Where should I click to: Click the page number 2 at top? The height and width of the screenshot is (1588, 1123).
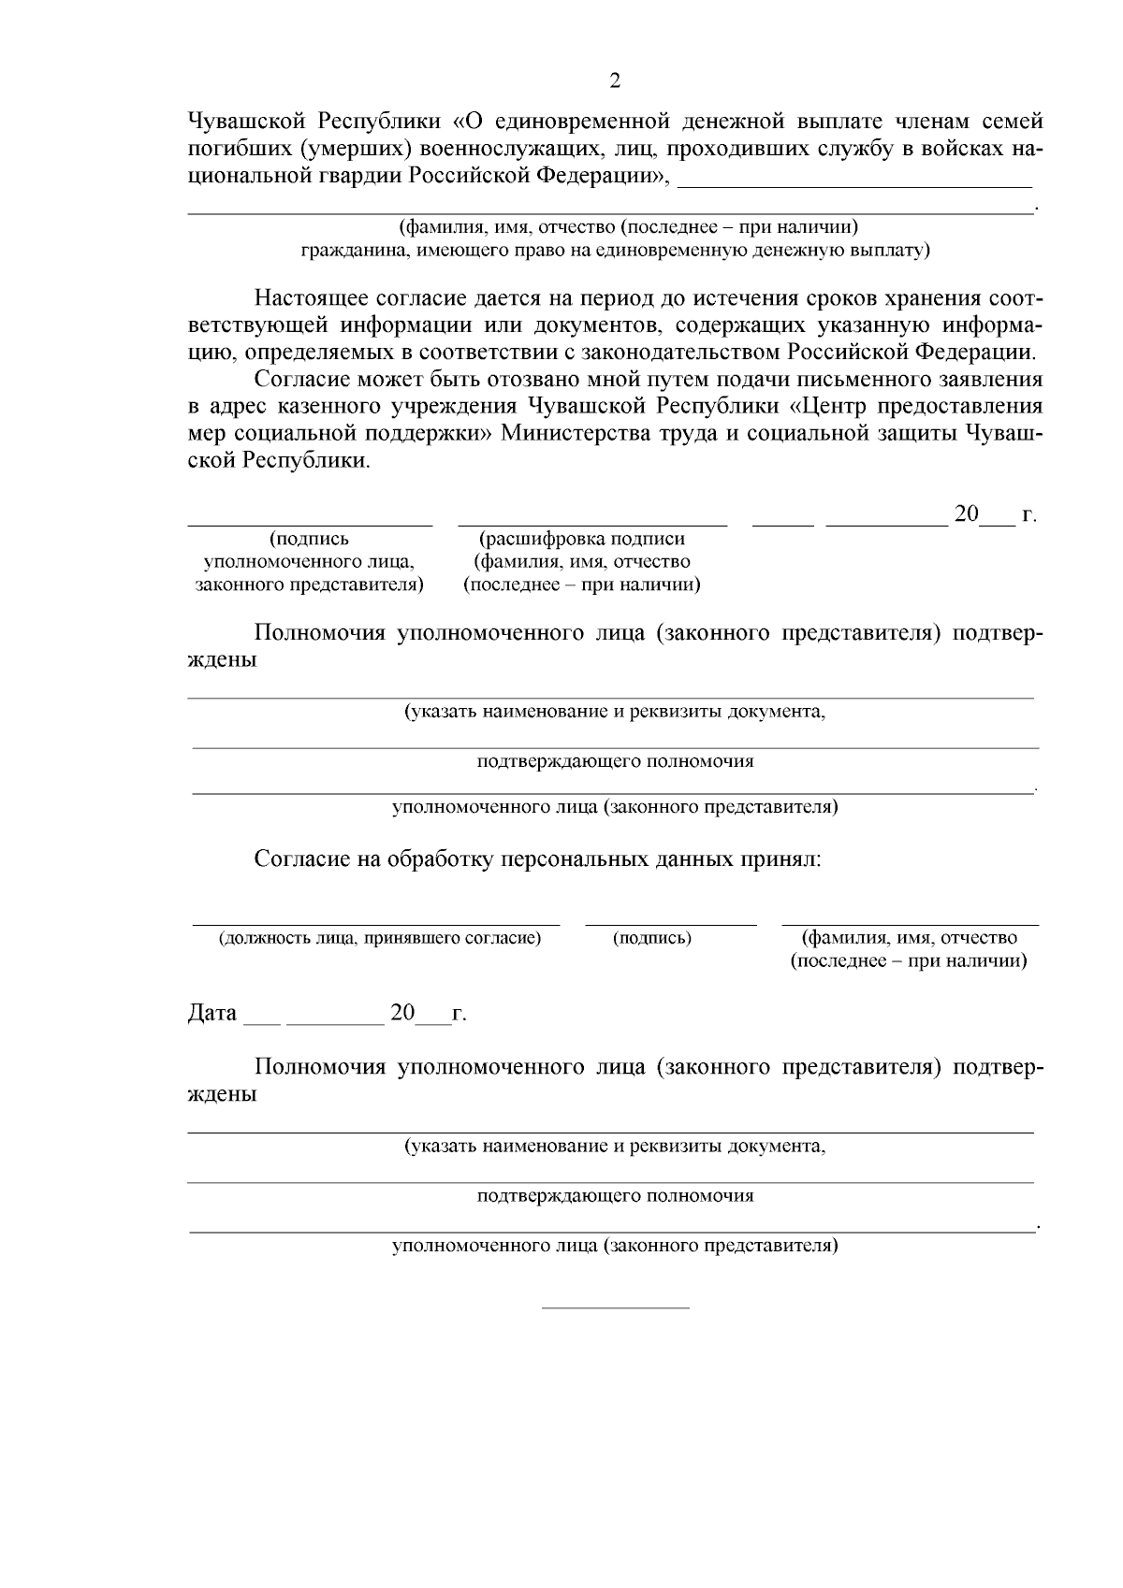[x=614, y=81]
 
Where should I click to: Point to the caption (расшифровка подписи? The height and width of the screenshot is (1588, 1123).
[x=581, y=540]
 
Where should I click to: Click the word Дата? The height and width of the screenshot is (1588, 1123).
[x=212, y=1014]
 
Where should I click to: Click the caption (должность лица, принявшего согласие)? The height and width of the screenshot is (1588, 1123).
[x=380, y=938]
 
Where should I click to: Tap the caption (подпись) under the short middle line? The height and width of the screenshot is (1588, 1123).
[x=652, y=938]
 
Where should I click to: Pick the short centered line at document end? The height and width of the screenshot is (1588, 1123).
[x=616, y=1307]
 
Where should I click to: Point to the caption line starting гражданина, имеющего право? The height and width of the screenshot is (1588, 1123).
[x=615, y=251]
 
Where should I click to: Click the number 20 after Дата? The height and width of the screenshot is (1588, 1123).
[x=402, y=1014]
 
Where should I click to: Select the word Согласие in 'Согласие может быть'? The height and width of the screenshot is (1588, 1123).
[x=303, y=380]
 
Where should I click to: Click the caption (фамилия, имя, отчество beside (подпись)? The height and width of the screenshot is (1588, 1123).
[x=909, y=938]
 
